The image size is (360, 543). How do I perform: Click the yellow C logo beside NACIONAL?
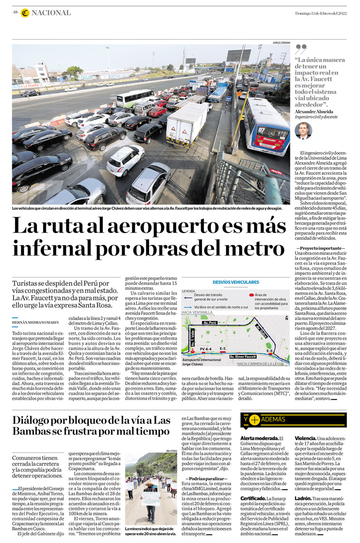pos(24,13)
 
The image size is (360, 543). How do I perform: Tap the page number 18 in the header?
pos(15,13)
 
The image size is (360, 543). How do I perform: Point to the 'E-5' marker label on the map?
pos(222,348)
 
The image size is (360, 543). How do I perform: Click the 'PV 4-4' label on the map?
pos(206,349)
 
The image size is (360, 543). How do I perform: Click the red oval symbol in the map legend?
pos(251,295)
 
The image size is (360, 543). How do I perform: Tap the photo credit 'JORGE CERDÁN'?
pos(281,42)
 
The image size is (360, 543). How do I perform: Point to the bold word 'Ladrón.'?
pos(303,498)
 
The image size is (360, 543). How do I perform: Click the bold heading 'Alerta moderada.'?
pos(259,438)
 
